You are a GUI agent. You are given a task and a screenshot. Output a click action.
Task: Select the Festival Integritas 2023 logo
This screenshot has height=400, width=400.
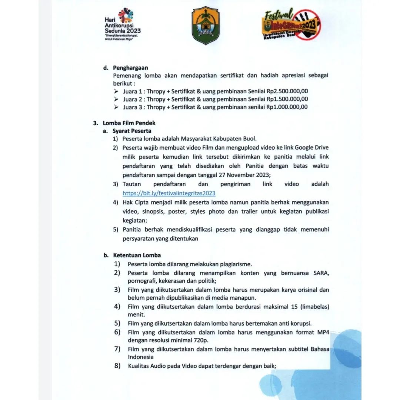click(293, 26)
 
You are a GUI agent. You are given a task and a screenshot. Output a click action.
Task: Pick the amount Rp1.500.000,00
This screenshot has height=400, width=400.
click(287, 99)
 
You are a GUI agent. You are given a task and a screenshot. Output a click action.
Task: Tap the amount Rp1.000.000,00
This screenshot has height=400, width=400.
click(287, 107)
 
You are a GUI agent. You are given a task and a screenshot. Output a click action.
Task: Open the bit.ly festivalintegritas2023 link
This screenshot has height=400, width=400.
click(169, 193)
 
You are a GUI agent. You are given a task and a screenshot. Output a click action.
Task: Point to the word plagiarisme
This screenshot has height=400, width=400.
click(231, 264)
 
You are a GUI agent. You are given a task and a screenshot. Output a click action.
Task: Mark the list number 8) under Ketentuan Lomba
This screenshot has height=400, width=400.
click(117, 366)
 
